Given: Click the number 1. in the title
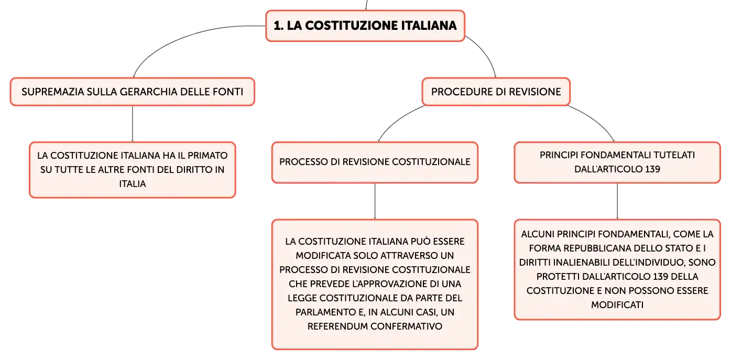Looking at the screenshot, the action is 278,26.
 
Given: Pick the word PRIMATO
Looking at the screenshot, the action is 208,155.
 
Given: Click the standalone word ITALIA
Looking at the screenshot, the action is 133,184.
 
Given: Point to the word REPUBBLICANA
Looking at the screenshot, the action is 595,248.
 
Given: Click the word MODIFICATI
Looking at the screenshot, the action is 617,305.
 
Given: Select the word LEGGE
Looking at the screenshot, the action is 302,298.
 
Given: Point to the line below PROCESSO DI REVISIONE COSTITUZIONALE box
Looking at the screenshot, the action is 375,201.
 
